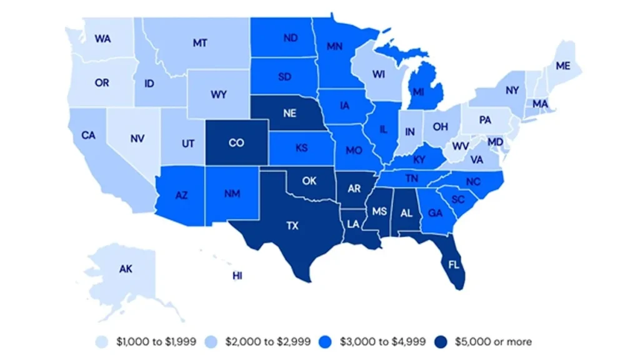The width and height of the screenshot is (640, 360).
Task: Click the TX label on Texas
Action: pyautogui.click(x=292, y=226)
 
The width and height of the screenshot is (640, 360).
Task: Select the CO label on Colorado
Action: pyautogui.click(x=236, y=143)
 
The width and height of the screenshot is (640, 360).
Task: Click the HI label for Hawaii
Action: pyautogui.click(x=237, y=276)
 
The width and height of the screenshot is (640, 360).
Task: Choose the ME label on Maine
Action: pyautogui.click(x=562, y=66)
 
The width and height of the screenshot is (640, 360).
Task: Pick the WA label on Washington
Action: pyautogui.click(x=103, y=39)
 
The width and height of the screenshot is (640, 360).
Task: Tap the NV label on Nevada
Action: pyautogui.click(x=138, y=139)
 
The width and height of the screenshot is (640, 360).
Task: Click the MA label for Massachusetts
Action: pyautogui.click(x=539, y=103)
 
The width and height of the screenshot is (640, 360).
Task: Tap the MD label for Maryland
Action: pyautogui.click(x=494, y=142)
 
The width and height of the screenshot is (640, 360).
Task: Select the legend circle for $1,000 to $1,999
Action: pyautogui.click(x=102, y=341)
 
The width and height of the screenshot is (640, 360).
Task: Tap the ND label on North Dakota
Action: pyautogui.click(x=290, y=38)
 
